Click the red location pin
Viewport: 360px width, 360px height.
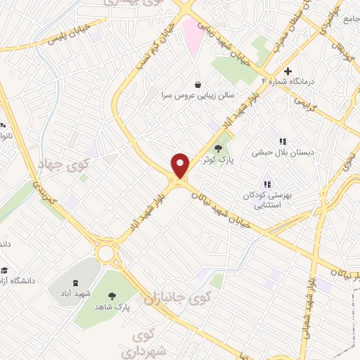[181, 165]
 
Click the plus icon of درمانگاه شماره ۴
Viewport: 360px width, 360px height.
[288, 71]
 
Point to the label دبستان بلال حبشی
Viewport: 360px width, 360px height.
[283, 152]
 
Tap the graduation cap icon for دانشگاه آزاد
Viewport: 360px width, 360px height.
[6, 271]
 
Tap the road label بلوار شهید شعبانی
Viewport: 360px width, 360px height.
[310, 302]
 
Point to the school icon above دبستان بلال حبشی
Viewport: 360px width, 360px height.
[283, 141]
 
